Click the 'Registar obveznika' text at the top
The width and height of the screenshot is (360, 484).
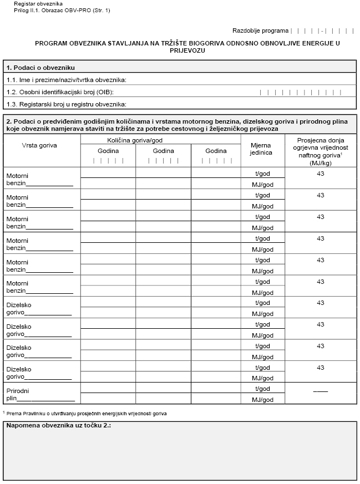click(34, 4)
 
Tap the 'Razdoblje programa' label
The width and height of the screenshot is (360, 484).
click(261, 31)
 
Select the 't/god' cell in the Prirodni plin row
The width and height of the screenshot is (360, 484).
click(262, 389)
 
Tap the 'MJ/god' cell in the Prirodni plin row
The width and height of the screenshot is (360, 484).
click(262, 400)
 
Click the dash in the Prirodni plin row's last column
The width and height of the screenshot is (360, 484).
click(320, 391)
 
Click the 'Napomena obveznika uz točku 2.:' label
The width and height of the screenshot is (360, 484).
click(59, 426)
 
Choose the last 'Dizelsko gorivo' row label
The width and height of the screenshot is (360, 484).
click(19, 373)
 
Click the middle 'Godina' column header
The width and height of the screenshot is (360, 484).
click(163, 151)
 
